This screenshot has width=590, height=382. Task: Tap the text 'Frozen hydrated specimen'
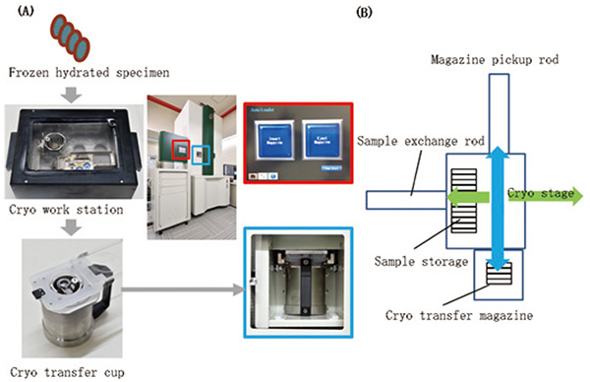pyautogui.click(x=75, y=72)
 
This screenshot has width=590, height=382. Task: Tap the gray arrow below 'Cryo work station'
pyautogui.click(x=74, y=225)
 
